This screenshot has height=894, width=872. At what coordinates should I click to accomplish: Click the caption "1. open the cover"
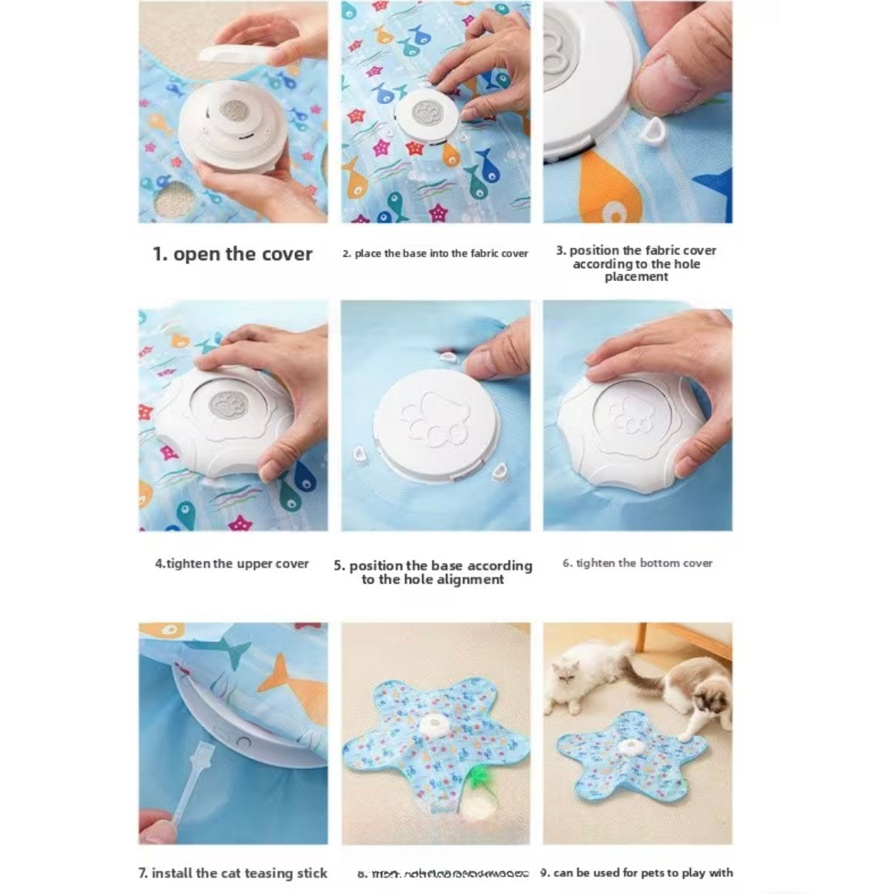coord(233,254)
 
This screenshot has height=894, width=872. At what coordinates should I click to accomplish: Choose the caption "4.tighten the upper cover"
coord(232,564)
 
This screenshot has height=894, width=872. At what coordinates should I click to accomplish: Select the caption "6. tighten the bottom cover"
coord(637,564)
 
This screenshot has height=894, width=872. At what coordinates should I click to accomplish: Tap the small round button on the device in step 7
coord(245,744)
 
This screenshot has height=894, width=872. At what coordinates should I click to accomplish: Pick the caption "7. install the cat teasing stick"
coord(233,872)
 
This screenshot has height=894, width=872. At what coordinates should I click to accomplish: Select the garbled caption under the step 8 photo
coord(443,873)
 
